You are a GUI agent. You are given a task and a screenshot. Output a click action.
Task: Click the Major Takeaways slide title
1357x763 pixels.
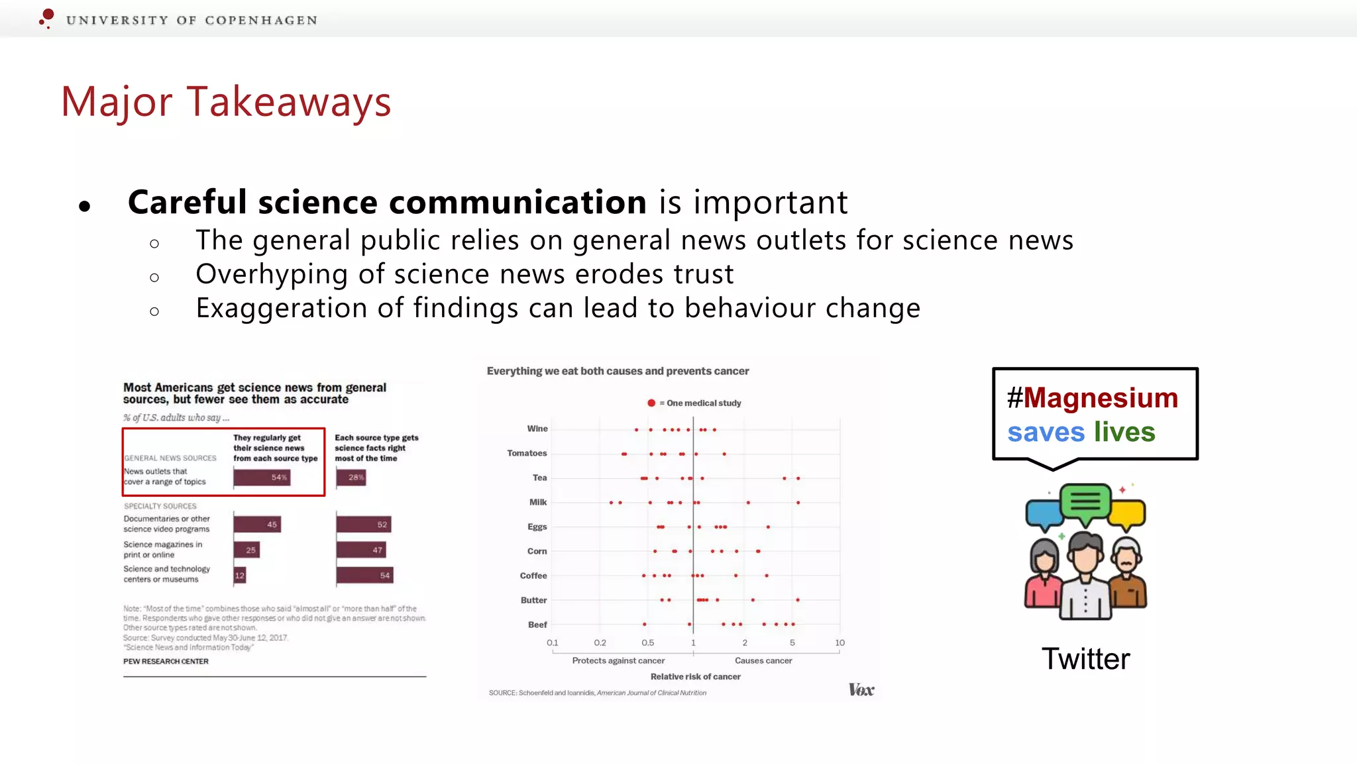click(x=226, y=102)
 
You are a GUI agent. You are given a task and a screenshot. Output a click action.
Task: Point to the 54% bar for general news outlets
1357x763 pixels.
click(x=262, y=478)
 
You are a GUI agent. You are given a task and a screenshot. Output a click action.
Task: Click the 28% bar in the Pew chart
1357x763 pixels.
click(x=351, y=478)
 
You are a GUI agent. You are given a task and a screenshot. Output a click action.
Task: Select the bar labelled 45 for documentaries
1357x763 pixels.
click(x=257, y=525)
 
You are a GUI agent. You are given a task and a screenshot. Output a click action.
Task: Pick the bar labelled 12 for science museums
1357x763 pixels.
click(x=239, y=576)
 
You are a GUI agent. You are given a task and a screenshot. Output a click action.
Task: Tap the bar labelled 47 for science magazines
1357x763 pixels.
click(x=361, y=550)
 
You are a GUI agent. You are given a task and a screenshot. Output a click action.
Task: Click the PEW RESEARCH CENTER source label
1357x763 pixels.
click(x=166, y=662)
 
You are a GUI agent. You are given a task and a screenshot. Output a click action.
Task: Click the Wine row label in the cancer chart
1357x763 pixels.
click(x=537, y=429)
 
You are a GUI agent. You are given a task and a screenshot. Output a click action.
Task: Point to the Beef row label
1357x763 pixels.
click(x=537, y=625)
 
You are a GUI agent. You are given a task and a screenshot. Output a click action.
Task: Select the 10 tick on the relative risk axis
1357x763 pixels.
click(x=840, y=643)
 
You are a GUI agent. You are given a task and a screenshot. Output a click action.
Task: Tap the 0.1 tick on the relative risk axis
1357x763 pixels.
click(x=552, y=643)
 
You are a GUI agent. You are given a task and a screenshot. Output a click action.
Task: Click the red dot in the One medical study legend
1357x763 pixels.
click(x=651, y=403)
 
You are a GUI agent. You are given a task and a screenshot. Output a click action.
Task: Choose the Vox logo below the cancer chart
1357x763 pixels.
click(x=861, y=690)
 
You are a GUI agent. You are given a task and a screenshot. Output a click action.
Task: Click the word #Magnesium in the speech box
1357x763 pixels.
click(x=1093, y=398)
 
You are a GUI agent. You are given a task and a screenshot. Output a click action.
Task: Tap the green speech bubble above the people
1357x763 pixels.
click(x=1085, y=501)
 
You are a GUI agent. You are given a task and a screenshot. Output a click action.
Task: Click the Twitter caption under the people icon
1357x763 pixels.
click(x=1085, y=659)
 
